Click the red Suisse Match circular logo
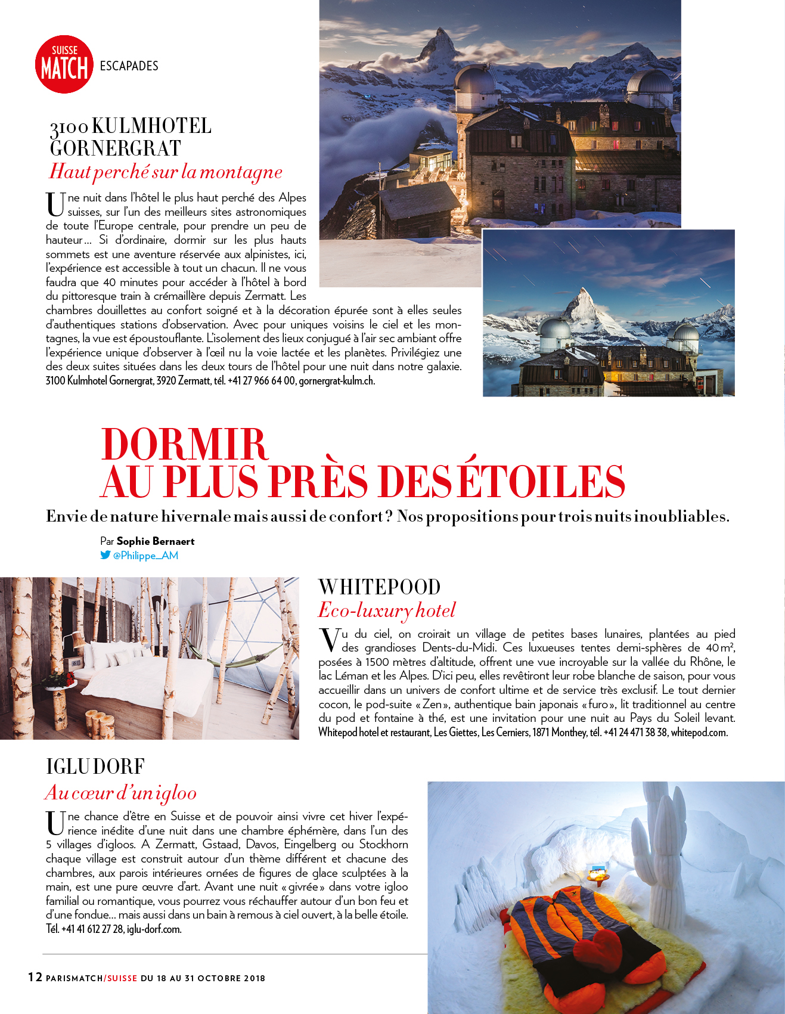64,64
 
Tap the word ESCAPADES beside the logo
129,66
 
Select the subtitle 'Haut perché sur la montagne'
166,172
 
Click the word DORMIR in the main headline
185,444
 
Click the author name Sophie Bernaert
156,541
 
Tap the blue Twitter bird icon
106,555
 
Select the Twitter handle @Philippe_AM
145,556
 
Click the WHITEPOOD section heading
380,587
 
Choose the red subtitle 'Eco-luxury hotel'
387,610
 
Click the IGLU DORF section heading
95,767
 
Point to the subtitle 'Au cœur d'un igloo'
121,793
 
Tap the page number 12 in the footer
35,976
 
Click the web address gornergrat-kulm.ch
337,381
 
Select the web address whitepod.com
699,733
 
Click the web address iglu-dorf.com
154,929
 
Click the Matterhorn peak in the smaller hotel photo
581,298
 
